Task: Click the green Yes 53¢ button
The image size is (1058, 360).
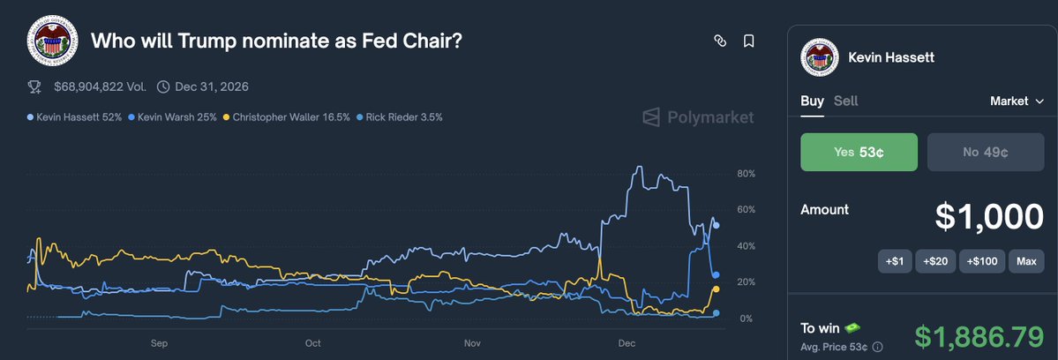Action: (x=859, y=152)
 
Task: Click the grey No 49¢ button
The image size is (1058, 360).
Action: (x=986, y=152)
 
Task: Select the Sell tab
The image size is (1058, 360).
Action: (x=845, y=101)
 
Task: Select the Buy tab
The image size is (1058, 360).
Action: (x=812, y=101)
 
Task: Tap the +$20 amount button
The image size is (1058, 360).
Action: (x=934, y=261)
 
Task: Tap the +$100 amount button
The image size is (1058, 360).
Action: (x=981, y=261)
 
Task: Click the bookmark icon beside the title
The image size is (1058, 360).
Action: (x=748, y=41)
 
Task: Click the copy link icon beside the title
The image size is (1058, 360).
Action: (x=720, y=41)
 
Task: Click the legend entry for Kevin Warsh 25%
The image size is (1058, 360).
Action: (x=172, y=116)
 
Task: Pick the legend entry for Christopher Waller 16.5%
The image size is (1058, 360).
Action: (x=287, y=116)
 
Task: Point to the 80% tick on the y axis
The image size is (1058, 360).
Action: (x=746, y=174)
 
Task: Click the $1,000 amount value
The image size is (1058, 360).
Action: (x=988, y=216)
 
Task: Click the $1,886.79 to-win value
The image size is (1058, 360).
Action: (x=979, y=336)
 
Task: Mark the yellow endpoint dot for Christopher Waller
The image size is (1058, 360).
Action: (x=716, y=289)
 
